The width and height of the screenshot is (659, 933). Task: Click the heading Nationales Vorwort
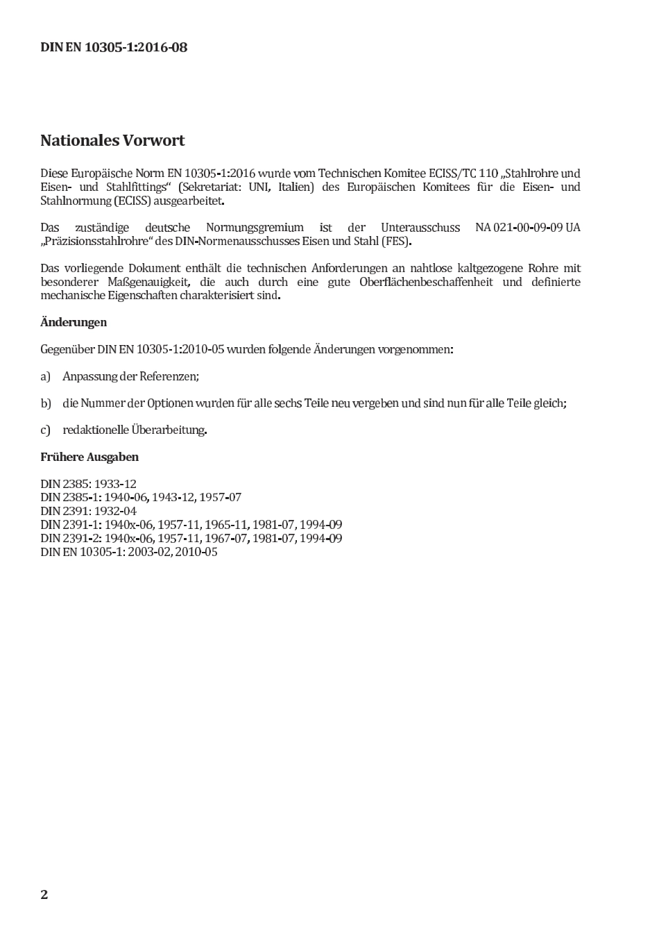tap(112, 141)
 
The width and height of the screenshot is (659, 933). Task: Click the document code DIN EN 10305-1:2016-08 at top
tap(114, 48)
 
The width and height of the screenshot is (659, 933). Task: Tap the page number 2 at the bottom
tap(44, 894)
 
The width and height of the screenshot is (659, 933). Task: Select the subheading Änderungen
tap(74, 322)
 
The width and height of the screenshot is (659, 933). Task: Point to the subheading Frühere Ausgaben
tap(89, 457)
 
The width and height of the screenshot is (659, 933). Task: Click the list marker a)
tap(46, 376)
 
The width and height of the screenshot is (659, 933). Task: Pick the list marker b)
tap(46, 403)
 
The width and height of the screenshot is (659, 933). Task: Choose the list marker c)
tap(46, 430)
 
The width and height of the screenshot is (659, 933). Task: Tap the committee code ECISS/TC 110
tap(463, 174)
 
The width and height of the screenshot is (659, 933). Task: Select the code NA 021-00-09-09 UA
tap(527, 228)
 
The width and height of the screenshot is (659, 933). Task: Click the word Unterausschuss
tap(420, 228)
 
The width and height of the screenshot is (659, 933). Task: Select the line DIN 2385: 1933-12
tap(88, 484)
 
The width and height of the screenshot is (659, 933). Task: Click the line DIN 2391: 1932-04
tap(88, 511)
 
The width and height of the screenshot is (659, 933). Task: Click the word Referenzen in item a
tap(169, 376)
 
